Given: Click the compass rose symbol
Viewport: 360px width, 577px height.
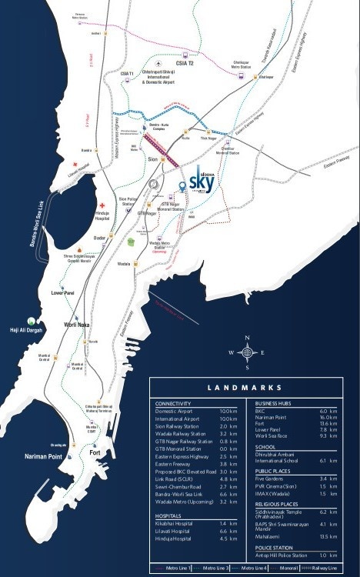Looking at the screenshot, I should point(246,352).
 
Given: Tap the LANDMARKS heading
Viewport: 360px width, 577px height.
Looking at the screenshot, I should point(250,388).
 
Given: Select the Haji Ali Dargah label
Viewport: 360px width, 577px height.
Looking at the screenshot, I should point(22,329).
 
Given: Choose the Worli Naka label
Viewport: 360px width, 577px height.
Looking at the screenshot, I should point(80,325).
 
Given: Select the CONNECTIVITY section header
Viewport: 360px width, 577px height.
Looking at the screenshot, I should point(178,403).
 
